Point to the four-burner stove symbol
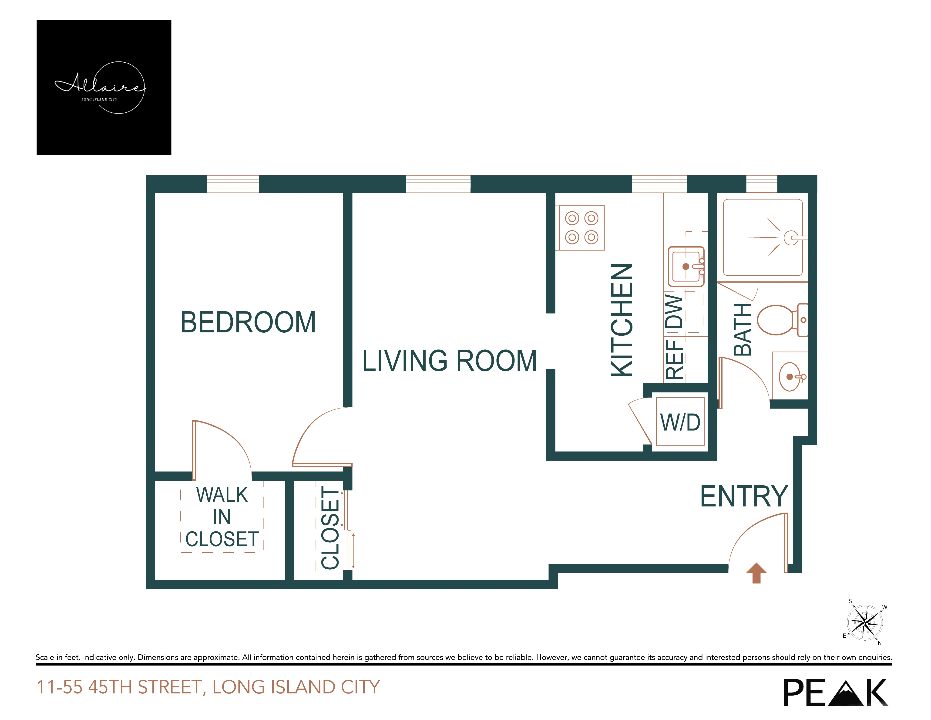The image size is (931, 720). (581, 227)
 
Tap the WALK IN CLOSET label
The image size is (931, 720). (222, 517)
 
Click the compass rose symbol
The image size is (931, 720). (864, 623)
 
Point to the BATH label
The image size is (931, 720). (742, 329)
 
